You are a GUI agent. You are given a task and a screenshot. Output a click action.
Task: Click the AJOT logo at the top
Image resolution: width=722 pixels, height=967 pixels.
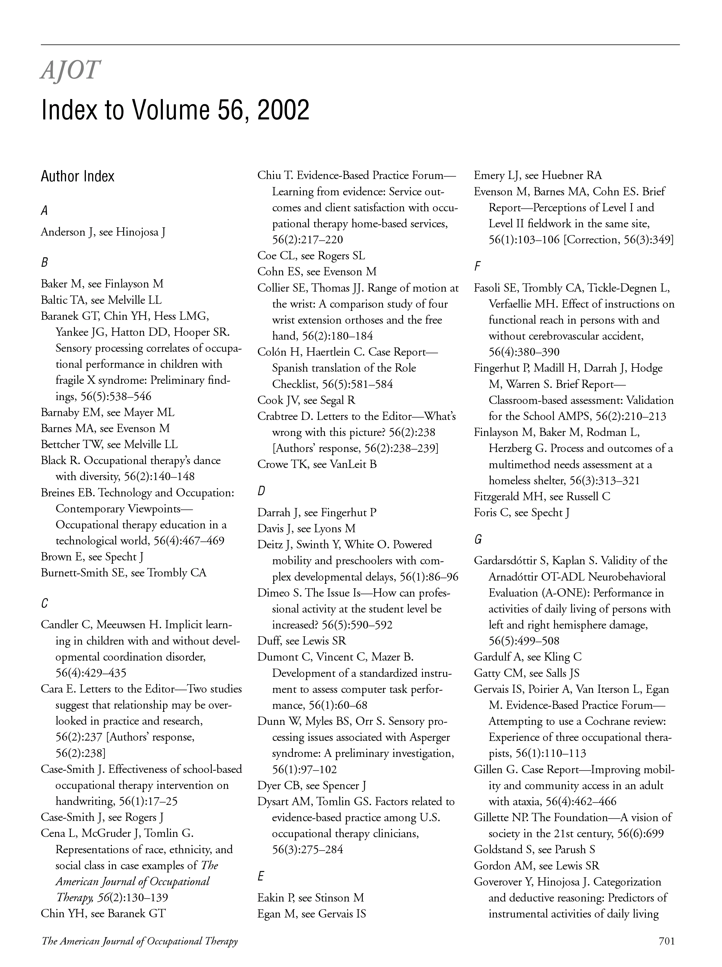pos(70,70)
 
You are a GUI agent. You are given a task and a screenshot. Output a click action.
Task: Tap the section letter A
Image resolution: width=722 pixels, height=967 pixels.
pos(44,211)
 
